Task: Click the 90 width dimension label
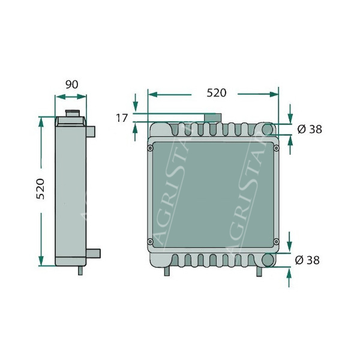[x=72, y=85]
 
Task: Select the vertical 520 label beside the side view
[x=41, y=189]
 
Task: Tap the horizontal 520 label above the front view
[x=217, y=93]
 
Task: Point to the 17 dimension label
[x=121, y=118]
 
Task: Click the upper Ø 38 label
[x=310, y=130]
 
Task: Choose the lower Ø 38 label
[x=307, y=260]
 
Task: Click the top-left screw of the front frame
[x=151, y=148]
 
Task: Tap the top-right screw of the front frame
[x=276, y=148]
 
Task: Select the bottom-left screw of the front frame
[x=150, y=241]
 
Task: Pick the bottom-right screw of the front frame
[x=276, y=242]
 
